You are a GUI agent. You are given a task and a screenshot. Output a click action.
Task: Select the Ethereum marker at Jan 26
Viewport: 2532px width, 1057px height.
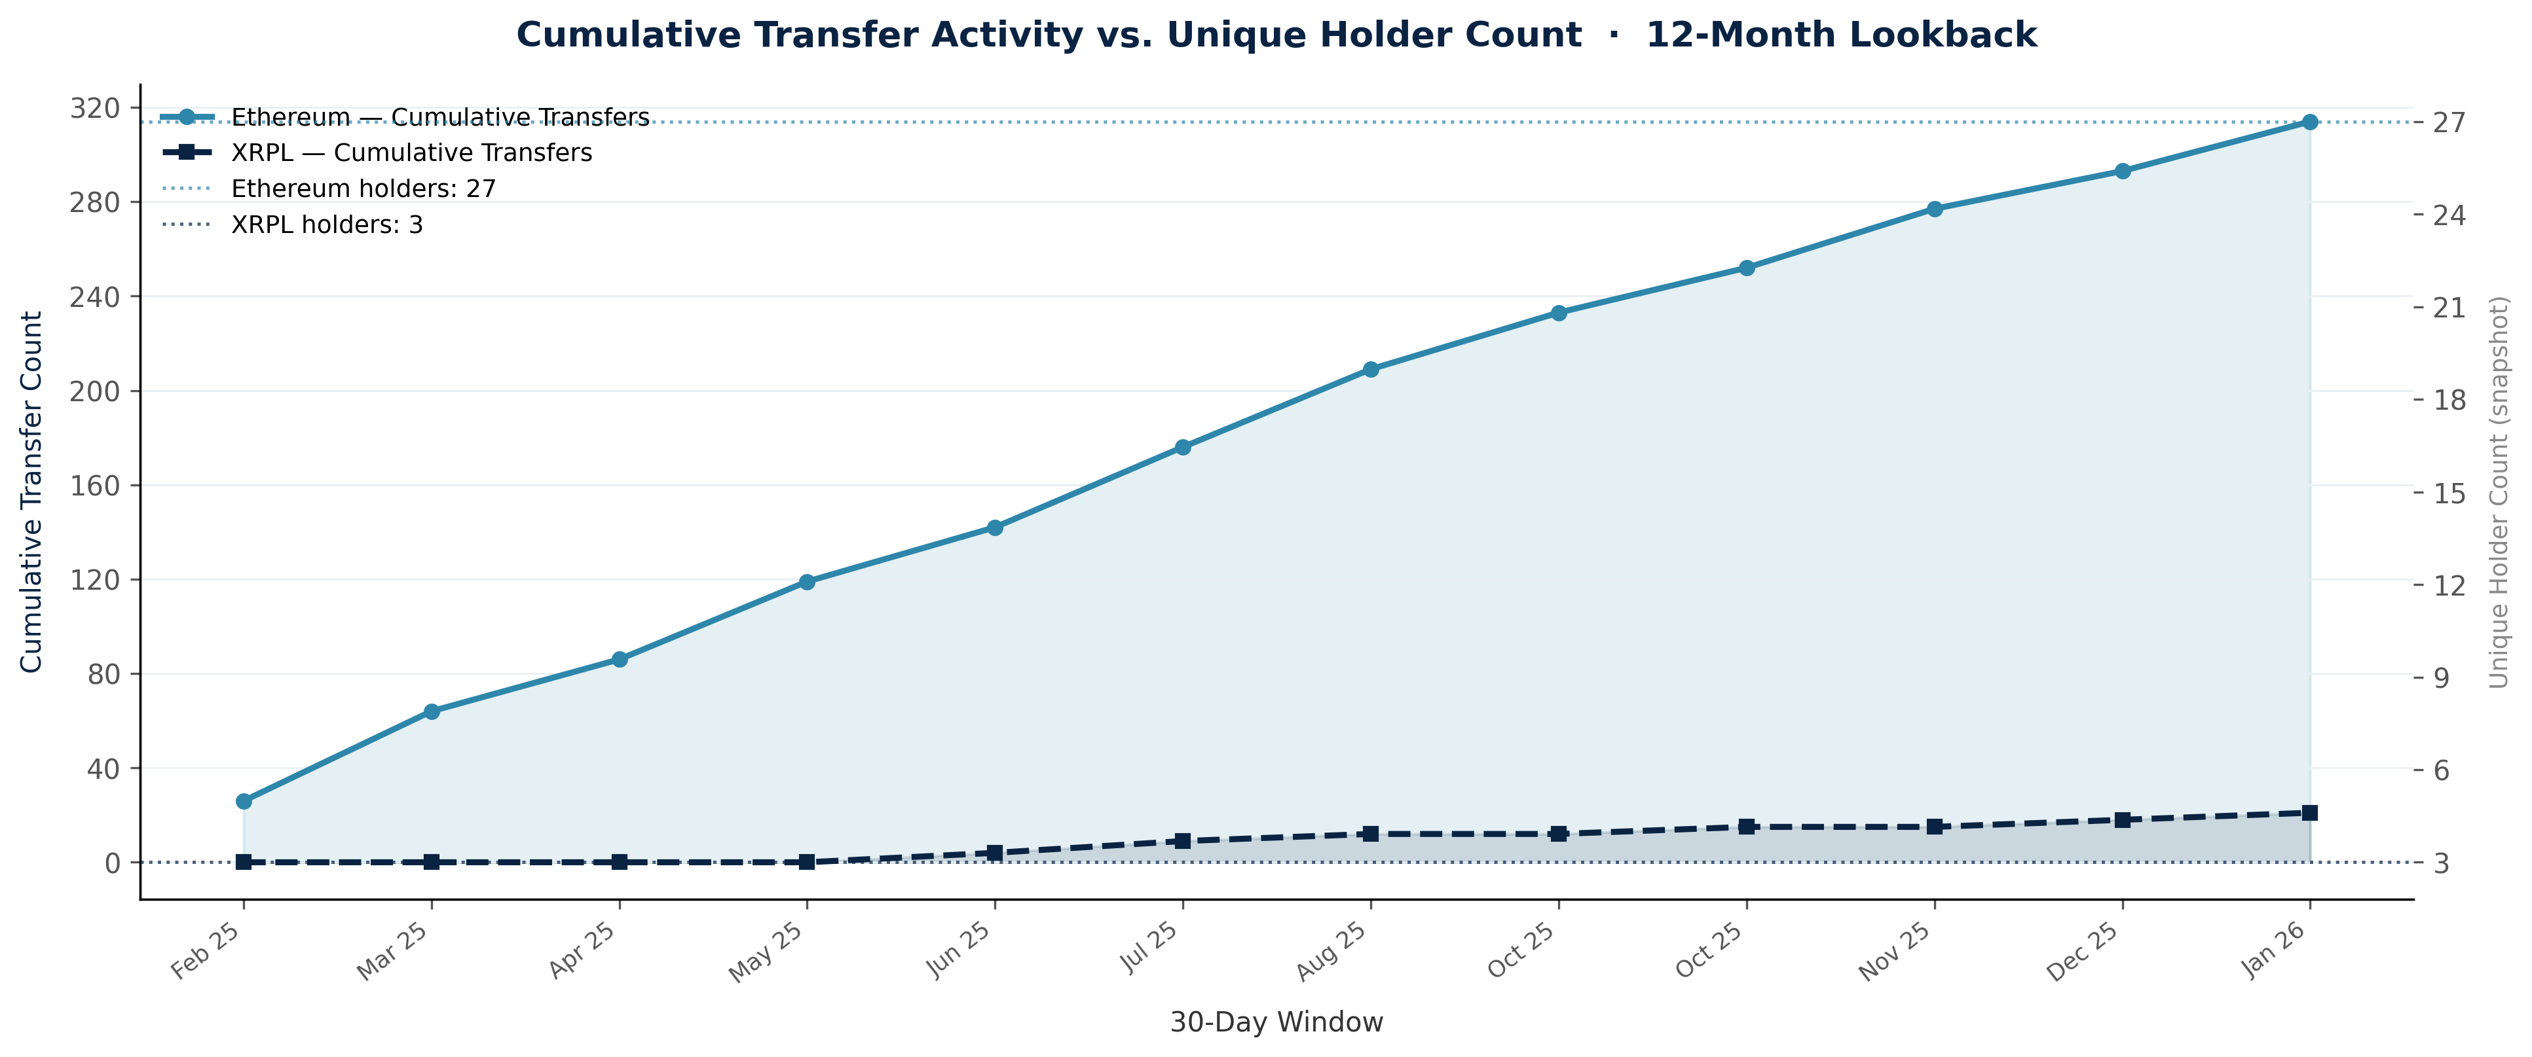(x=2310, y=122)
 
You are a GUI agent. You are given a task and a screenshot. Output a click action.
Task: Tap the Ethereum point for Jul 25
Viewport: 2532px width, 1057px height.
(x=1182, y=447)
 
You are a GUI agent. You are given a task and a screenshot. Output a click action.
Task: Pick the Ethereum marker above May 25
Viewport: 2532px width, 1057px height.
(x=807, y=582)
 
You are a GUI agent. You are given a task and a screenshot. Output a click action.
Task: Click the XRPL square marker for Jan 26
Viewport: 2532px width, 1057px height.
(x=2310, y=812)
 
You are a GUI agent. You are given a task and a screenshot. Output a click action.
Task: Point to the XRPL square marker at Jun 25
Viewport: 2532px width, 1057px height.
(x=995, y=853)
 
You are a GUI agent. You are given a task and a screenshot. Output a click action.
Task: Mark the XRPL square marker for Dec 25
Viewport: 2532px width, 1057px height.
(x=2122, y=820)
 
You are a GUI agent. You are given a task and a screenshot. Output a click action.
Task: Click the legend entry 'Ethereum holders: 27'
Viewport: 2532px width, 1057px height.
(x=363, y=188)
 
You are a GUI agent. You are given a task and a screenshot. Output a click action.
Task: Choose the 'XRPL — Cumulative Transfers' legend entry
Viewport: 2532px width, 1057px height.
(x=411, y=153)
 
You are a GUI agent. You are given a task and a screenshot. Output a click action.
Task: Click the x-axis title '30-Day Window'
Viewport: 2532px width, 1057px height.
(x=1276, y=1022)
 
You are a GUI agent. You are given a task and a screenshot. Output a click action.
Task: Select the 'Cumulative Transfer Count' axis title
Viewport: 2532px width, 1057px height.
(x=33, y=491)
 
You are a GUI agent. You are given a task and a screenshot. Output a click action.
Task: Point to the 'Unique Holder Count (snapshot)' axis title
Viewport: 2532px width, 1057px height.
(x=2499, y=491)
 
